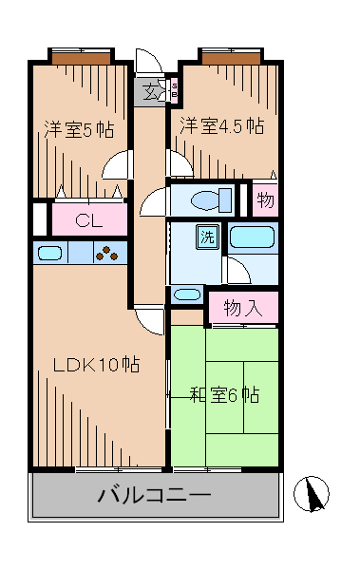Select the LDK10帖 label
(x=96, y=365)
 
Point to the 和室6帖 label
(x=225, y=394)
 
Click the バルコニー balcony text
(x=155, y=495)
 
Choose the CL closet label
(x=88, y=221)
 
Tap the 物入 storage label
(x=243, y=307)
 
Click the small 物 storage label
(x=266, y=201)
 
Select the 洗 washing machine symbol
(x=206, y=237)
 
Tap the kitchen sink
(x=50, y=253)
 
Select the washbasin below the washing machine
(x=188, y=294)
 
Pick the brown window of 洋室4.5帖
(x=230, y=58)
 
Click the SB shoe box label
(x=175, y=90)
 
